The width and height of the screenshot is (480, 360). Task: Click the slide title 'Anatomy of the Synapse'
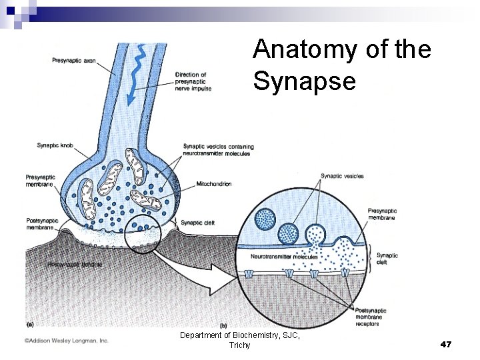(x=342, y=65)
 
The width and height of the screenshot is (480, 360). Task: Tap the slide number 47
(x=446, y=345)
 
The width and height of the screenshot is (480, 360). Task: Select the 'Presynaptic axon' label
(x=73, y=61)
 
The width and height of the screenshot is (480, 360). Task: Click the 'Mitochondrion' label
(x=214, y=184)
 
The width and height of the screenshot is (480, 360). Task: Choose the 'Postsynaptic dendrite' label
(x=74, y=265)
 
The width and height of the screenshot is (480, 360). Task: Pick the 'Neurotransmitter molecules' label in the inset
(x=284, y=257)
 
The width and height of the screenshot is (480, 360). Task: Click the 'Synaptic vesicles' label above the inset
(x=342, y=176)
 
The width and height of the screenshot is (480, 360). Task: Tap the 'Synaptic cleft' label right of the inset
(x=387, y=259)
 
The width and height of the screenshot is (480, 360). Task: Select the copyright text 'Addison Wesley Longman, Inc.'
(x=67, y=341)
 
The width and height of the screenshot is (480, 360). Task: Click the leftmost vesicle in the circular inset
(x=265, y=218)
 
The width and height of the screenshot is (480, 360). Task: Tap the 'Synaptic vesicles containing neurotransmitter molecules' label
(x=218, y=150)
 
